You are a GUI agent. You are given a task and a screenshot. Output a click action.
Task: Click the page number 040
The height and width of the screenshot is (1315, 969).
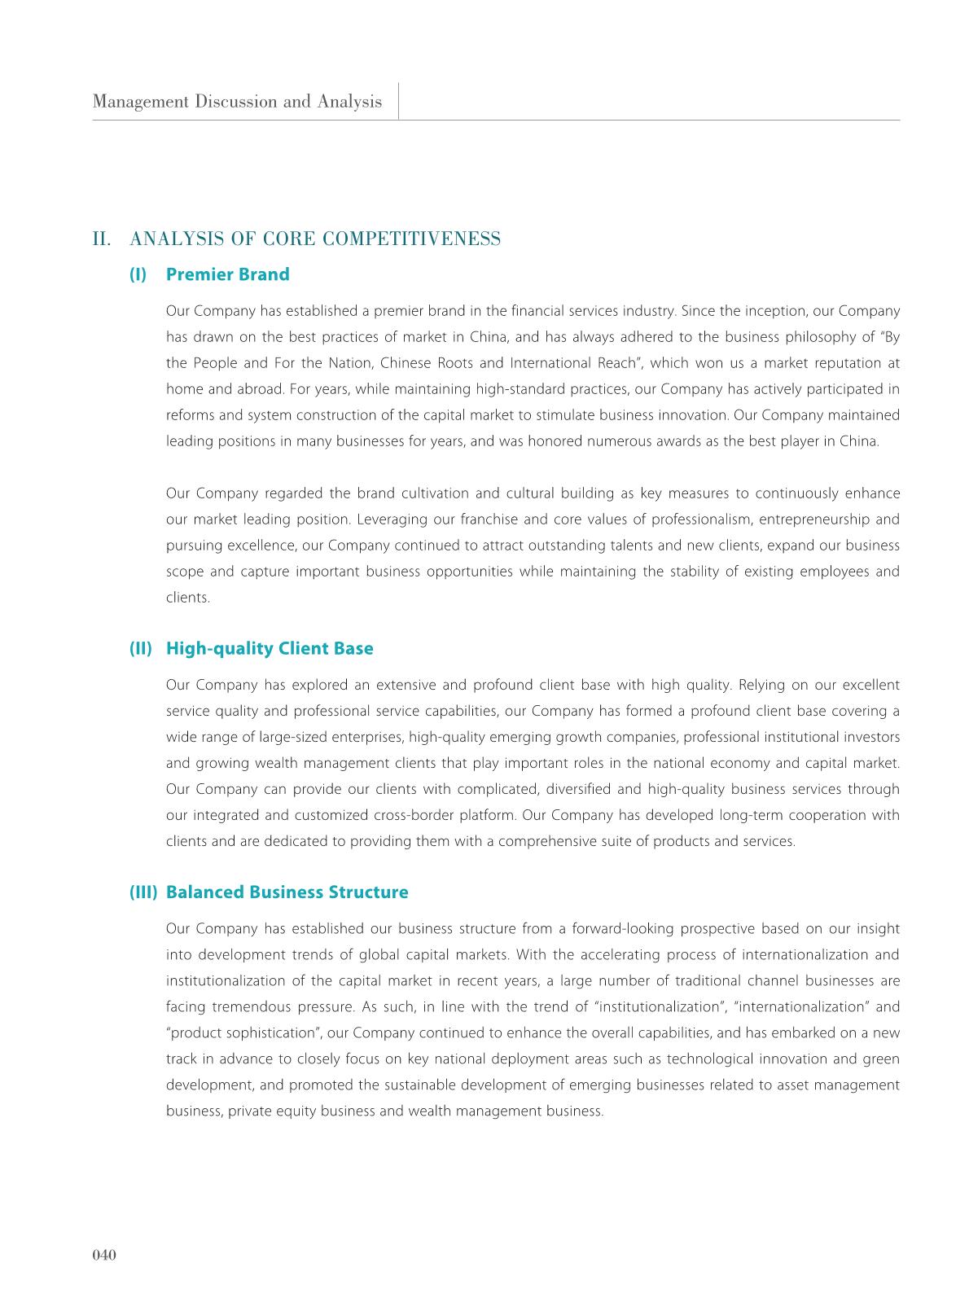click(x=105, y=1255)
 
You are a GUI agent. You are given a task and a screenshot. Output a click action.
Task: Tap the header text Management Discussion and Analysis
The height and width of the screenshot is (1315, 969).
click(x=237, y=102)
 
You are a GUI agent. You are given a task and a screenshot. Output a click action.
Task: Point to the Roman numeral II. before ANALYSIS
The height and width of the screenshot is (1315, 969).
click(x=102, y=239)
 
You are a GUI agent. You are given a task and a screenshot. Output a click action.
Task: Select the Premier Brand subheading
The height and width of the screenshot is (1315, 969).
click(x=227, y=274)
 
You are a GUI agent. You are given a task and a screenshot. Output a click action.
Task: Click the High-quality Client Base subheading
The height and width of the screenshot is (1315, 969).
click(x=270, y=648)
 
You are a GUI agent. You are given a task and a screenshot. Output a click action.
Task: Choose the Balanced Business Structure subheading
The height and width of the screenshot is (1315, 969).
click(x=287, y=892)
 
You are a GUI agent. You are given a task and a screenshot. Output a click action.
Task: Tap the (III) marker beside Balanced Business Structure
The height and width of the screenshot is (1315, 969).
click(x=143, y=892)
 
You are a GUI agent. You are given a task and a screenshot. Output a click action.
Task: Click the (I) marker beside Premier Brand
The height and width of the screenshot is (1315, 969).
click(x=138, y=274)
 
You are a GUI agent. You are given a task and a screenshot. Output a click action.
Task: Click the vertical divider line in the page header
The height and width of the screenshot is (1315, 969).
click(x=399, y=101)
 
